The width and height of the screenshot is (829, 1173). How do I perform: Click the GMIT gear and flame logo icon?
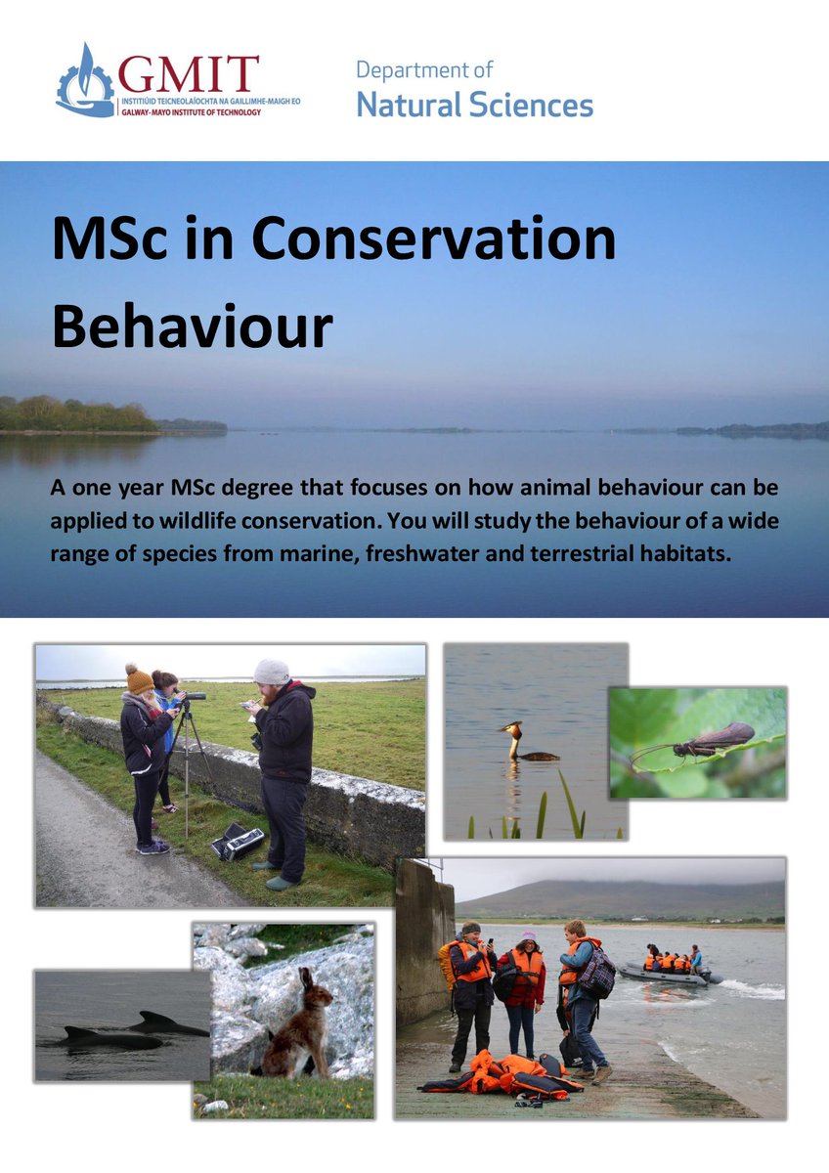85,82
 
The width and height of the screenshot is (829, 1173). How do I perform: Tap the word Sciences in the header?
529,105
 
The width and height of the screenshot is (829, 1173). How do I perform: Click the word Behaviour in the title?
192,327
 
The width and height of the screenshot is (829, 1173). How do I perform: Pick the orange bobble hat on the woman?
139,678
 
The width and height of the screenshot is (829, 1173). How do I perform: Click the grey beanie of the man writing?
272,672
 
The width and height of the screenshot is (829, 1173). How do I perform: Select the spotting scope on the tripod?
193,697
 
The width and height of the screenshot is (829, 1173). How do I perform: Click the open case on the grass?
238,842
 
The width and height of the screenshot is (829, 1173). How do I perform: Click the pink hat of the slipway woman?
529,936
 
